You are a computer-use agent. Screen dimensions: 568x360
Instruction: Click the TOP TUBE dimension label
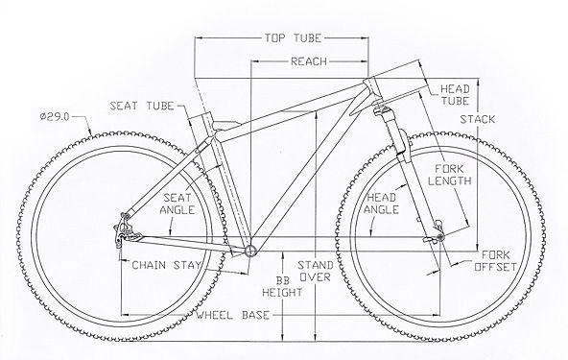click(x=293, y=38)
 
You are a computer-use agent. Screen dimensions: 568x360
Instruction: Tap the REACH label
click(x=309, y=61)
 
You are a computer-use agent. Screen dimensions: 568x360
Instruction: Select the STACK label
click(x=478, y=119)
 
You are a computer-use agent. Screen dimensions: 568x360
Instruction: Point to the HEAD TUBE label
click(x=455, y=95)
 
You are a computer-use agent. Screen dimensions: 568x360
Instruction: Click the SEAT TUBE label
click(x=142, y=106)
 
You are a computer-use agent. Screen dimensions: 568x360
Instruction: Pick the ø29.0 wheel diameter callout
click(x=55, y=117)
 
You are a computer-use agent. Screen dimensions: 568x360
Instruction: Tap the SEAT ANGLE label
click(x=177, y=204)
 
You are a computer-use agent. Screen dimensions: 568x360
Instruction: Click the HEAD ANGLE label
click(x=382, y=204)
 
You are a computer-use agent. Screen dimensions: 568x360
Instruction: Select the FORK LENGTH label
click(x=450, y=175)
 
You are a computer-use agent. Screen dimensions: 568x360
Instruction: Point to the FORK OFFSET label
click(x=495, y=261)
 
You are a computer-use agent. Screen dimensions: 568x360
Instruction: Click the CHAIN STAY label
click(x=166, y=265)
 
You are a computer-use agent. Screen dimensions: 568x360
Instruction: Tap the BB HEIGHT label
click(x=282, y=286)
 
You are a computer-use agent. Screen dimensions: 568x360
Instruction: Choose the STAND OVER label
click(x=315, y=271)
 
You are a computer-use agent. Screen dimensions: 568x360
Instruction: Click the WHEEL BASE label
click(x=233, y=315)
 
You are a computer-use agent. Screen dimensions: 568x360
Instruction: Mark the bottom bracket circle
click(x=250, y=251)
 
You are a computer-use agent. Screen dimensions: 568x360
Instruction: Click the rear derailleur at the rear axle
click(x=123, y=229)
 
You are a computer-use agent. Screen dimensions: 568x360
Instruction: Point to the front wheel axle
click(x=440, y=237)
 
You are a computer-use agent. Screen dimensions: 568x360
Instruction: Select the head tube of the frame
click(x=371, y=89)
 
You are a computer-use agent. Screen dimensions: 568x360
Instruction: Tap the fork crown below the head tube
click(x=380, y=108)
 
